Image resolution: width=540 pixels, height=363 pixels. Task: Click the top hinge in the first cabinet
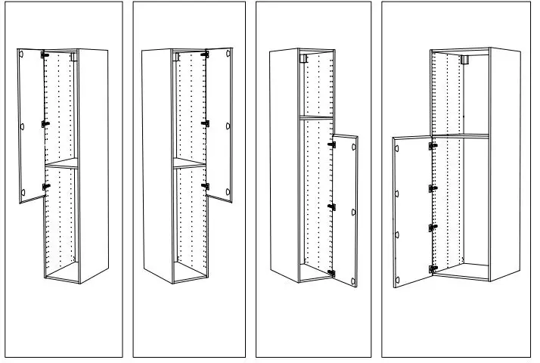click(x=45, y=55)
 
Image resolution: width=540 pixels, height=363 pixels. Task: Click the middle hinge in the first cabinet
click(x=45, y=123)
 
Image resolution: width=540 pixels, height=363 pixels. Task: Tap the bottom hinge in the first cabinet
click(x=45, y=186)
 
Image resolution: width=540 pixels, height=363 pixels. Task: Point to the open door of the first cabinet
click(x=31, y=126)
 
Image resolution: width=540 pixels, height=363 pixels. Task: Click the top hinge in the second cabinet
click(x=205, y=54)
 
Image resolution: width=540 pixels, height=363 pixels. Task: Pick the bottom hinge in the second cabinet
click(x=205, y=185)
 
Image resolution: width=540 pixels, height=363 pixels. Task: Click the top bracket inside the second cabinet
click(x=176, y=56)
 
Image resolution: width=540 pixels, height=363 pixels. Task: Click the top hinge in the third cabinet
click(x=331, y=143)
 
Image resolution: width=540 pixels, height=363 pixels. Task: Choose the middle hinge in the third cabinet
click(x=331, y=206)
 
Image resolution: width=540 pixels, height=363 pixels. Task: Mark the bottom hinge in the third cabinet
click(x=331, y=272)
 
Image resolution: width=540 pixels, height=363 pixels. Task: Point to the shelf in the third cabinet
click(x=316, y=116)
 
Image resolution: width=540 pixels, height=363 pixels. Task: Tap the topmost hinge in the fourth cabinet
click(x=433, y=146)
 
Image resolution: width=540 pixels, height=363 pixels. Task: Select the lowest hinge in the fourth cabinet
click(x=432, y=268)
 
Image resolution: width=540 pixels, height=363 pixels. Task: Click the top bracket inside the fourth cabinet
click(x=464, y=59)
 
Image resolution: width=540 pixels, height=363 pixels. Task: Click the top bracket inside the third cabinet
click(x=303, y=58)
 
